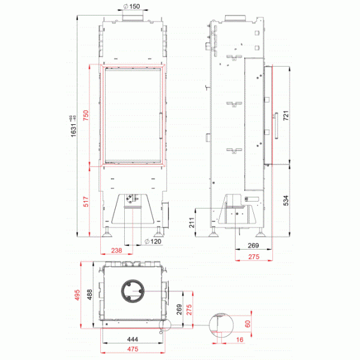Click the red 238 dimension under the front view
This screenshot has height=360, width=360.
(x=116, y=251)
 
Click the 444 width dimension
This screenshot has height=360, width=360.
(x=133, y=340)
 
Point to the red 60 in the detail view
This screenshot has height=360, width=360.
(x=247, y=324)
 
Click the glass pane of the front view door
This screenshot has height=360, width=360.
(x=133, y=115)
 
